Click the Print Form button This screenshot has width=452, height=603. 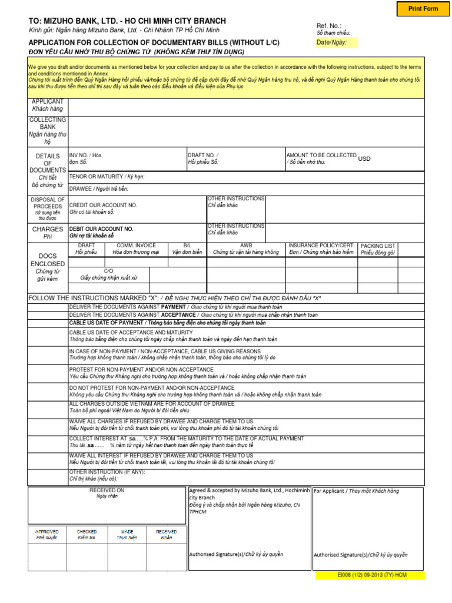point(423,9)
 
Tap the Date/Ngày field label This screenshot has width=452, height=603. point(331,42)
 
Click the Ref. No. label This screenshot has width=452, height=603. point(329,26)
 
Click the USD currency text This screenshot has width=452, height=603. point(364,158)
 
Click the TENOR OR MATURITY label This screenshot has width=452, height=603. point(106,177)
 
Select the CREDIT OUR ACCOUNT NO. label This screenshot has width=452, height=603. point(103,205)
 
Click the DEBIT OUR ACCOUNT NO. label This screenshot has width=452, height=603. point(101,228)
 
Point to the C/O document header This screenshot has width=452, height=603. point(108,270)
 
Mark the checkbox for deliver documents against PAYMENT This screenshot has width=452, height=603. point(48,307)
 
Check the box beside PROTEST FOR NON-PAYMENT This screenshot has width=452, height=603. point(48,373)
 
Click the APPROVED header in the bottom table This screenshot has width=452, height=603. point(47,531)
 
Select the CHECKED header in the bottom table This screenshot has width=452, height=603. point(87,531)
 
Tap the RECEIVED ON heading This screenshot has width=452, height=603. point(107,489)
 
